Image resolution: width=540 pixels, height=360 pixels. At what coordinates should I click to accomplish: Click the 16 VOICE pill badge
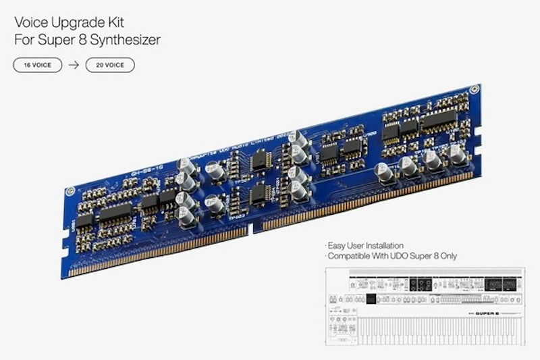pos(38,65)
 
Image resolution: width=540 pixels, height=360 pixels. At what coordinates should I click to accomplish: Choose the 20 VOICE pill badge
pos(110,65)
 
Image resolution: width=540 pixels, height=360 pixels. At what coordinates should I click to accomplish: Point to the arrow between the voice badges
pos(74,65)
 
